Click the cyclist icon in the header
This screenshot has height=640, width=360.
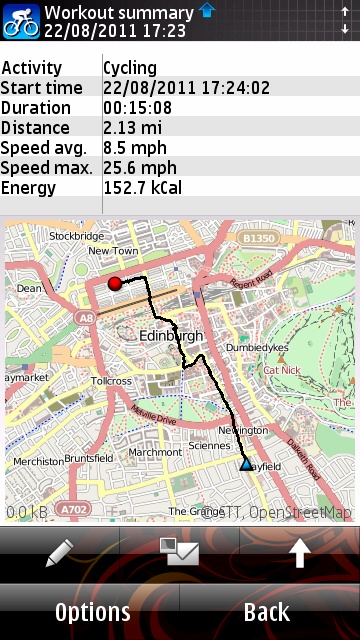click(x=20, y=20)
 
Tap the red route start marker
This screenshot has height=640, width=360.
click(x=114, y=283)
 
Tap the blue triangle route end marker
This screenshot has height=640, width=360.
click(x=246, y=463)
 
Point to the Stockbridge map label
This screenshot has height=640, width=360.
click(x=76, y=236)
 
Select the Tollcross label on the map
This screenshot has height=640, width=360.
click(x=111, y=381)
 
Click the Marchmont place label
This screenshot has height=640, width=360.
click(x=155, y=452)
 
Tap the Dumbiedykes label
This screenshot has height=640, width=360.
click(x=257, y=348)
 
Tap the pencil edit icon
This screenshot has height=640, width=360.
click(x=59, y=553)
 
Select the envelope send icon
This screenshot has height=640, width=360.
click(x=179, y=553)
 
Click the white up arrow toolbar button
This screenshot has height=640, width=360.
click(x=299, y=553)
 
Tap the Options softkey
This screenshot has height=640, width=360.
click(x=92, y=612)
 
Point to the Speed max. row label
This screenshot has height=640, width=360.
click(x=47, y=168)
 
